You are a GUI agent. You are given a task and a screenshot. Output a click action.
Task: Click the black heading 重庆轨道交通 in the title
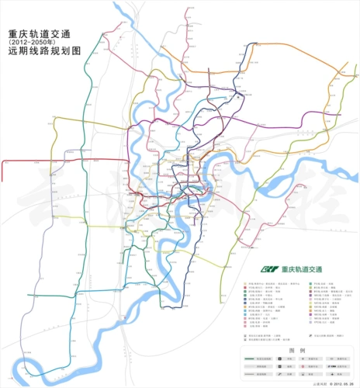[40, 34]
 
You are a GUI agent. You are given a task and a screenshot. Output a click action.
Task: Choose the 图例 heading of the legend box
[297, 350]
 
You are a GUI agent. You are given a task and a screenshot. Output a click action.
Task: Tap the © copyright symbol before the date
[327, 383]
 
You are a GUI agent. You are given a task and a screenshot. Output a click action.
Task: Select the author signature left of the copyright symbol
[316, 383]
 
